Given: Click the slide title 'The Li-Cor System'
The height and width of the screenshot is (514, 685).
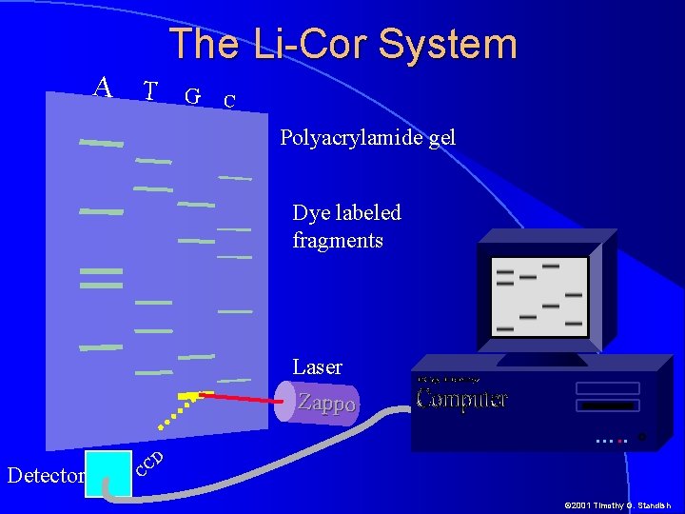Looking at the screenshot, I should point(342,45).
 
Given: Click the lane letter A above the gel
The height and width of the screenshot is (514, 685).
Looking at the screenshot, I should point(103,88).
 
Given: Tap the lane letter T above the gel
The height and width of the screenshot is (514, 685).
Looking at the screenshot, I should point(149,90).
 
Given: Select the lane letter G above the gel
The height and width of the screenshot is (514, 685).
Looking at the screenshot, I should point(192,96).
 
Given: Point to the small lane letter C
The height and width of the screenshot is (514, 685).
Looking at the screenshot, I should point(228,101).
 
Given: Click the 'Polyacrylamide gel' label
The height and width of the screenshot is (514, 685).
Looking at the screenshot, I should point(367,138).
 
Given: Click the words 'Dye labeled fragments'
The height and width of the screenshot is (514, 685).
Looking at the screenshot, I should point(346,227).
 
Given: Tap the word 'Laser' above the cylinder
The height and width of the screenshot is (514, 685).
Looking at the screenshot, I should point(317,367).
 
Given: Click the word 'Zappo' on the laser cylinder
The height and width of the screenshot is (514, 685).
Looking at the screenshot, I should point(326,403).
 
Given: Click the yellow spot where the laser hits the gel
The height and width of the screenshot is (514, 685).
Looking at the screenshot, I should point(188,394).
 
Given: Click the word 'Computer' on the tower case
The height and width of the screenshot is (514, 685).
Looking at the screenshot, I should point(461,398).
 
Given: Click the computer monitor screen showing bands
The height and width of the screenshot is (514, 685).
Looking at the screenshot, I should point(538,296).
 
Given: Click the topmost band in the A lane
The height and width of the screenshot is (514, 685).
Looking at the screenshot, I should point(101,144).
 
